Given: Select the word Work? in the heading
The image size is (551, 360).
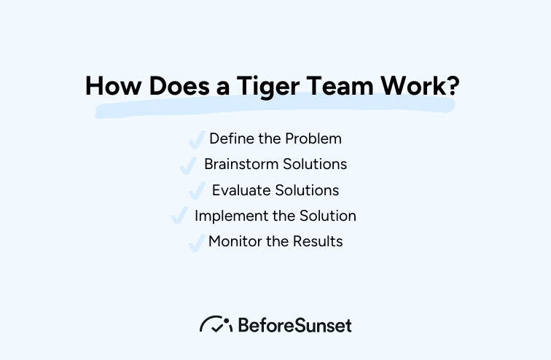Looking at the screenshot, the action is [421, 86].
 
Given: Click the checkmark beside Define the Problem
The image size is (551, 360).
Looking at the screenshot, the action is [196, 139].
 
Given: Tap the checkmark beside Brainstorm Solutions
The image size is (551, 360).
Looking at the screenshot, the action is [189, 165].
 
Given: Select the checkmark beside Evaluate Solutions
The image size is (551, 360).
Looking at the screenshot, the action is [197, 191].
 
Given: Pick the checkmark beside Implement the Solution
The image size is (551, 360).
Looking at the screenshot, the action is [179, 216].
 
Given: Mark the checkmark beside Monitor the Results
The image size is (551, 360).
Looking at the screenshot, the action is [196, 243].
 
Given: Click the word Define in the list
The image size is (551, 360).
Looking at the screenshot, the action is [230, 138].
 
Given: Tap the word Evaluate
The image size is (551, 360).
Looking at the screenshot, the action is [241, 190].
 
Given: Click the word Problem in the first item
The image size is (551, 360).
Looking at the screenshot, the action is [315, 138].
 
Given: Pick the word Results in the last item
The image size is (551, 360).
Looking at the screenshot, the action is [318, 241].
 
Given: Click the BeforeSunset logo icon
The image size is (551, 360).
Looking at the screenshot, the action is [216, 324].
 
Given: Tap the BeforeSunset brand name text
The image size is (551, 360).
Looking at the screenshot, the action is [294, 325].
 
